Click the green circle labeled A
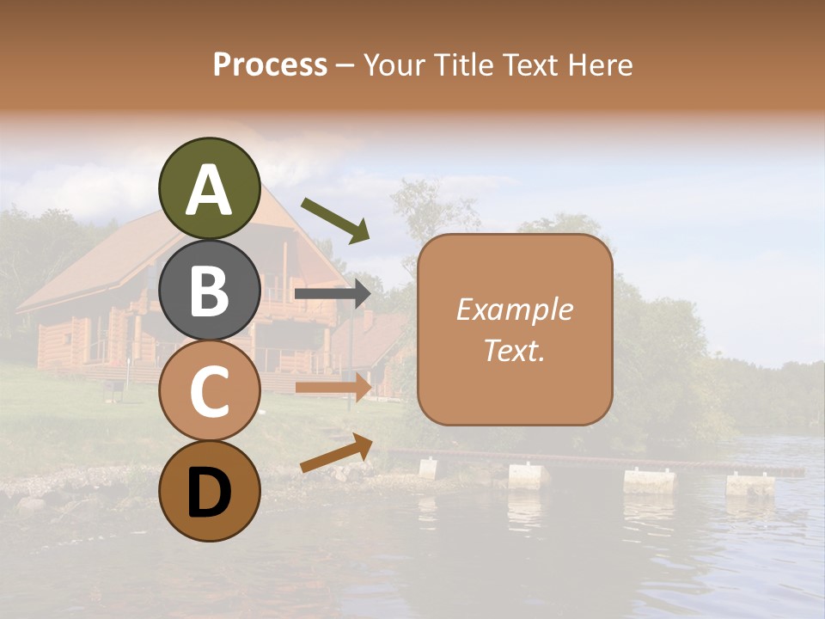point(209,188)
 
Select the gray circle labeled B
point(209,290)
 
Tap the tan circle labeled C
point(209,390)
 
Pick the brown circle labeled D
point(209,491)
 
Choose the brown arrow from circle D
point(336,453)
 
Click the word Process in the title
point(270,65)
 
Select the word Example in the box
point(514,310)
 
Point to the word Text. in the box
point(514,350)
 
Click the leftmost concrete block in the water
point(428,469)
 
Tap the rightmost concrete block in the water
point(750,485)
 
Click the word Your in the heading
point(394,65)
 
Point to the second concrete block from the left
point(529,475)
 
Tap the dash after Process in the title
point(345,65)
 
